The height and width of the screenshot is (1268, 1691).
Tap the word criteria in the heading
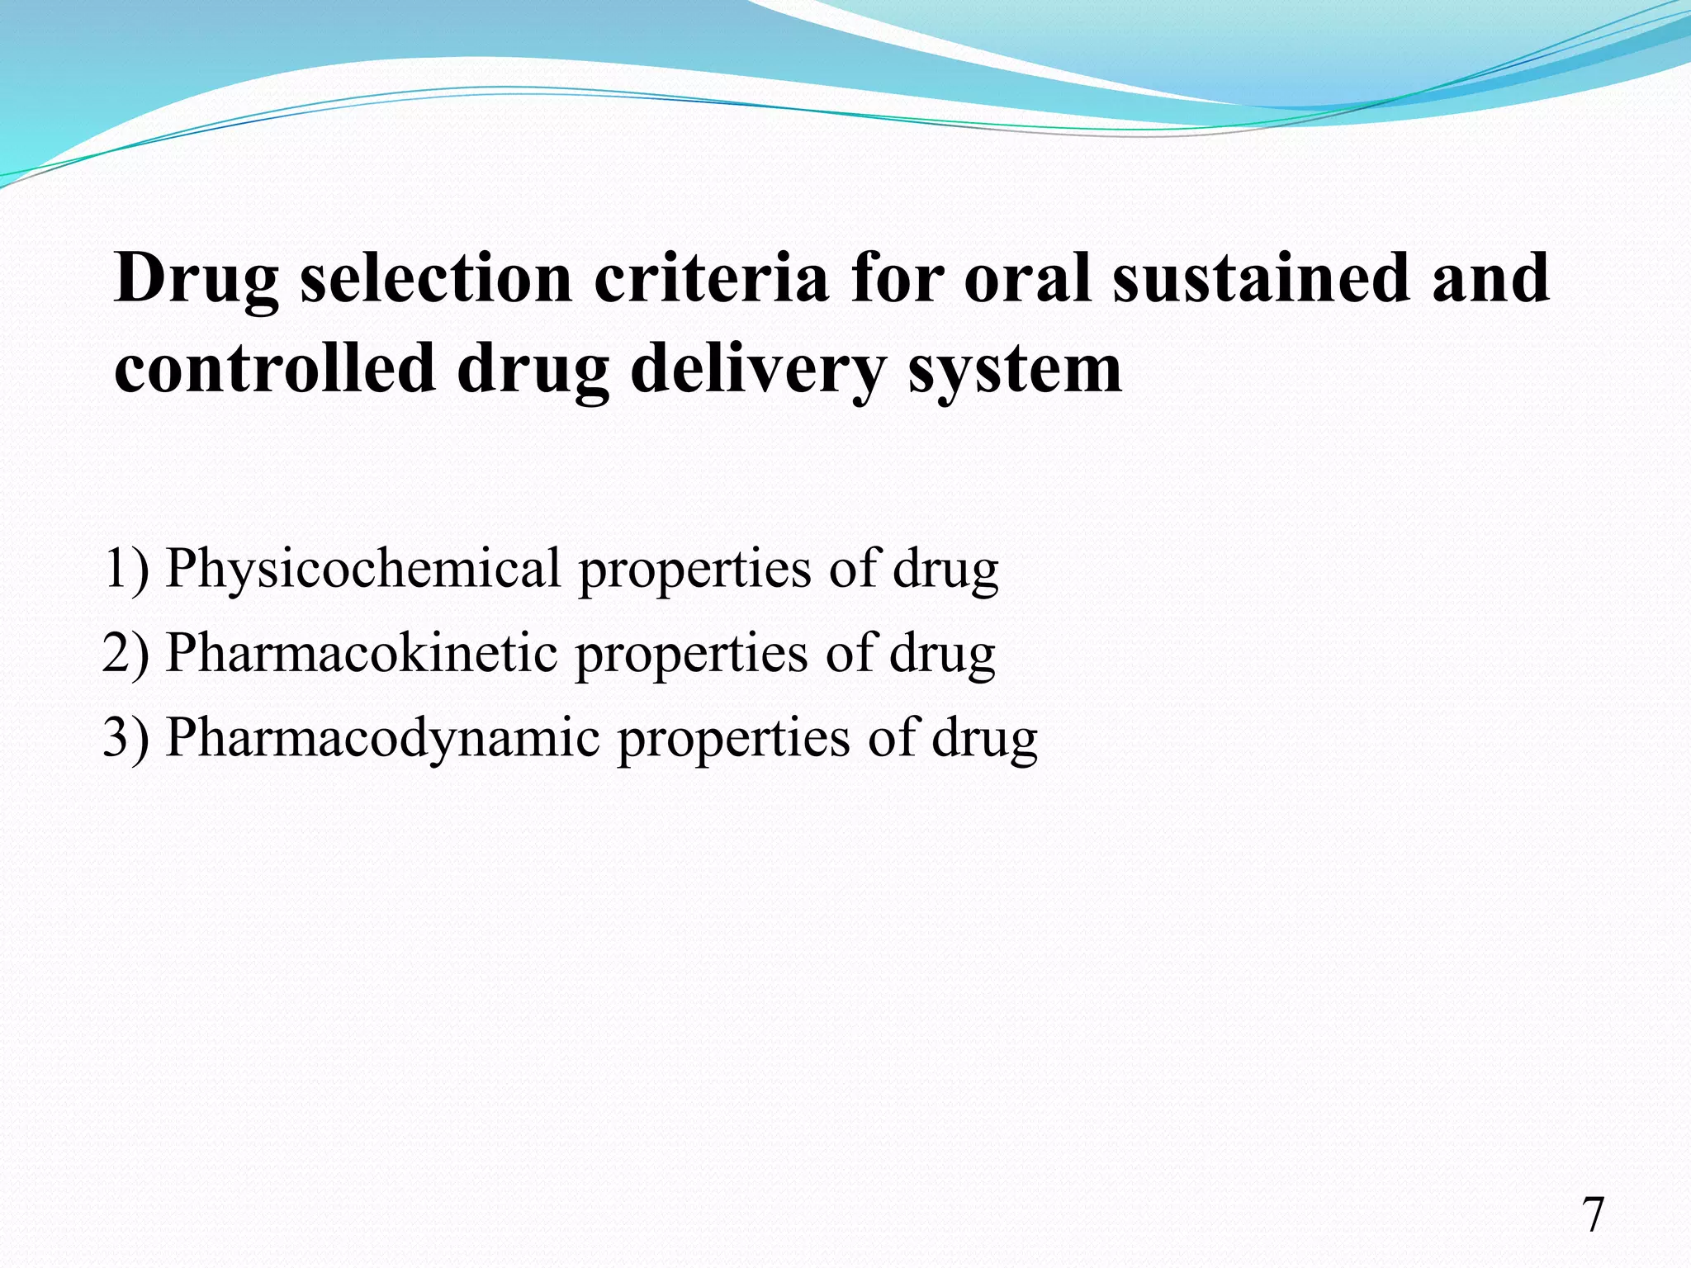(x=711, y=278)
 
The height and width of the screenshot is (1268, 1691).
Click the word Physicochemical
(x=363, y=570)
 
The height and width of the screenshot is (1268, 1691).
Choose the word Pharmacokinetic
(x=362, y=654)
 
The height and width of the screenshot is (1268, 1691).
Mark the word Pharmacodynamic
(x=382, y=738)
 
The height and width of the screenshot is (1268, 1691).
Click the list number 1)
(x=126, y=570)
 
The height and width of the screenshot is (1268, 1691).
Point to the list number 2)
(x=126, y=654)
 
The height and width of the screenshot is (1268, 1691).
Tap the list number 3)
(x=126, y=738)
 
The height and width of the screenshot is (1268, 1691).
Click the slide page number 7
(x=1593, y=1215)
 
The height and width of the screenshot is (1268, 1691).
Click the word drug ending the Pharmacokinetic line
(x=942, y=654)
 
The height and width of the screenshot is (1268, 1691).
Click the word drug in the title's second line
(x=533, y=370)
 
